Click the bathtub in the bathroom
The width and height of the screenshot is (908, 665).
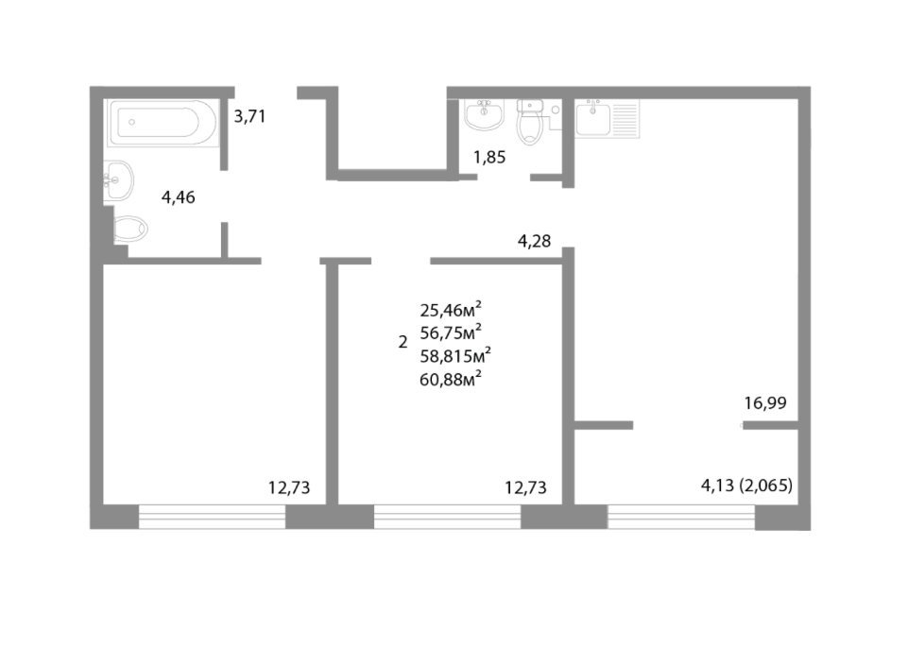coord(163,123)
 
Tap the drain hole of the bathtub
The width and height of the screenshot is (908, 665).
coord(132,122)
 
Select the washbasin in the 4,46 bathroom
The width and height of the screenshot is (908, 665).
coord(119,180)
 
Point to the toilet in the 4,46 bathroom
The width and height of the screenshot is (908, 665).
coord(130,230)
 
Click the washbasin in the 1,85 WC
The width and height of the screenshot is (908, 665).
coord(485,114)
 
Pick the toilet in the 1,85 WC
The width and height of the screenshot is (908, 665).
coord(529,122)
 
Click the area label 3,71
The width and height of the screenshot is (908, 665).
coord(249,116)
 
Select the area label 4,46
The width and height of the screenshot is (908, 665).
coord(179,197)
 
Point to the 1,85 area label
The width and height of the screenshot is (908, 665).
coord(489,157)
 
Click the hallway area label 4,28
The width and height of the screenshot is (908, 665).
coord(534,241)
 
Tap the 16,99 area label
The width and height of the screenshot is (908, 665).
coord(765,402)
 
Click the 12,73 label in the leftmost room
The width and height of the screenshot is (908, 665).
coord(289,488)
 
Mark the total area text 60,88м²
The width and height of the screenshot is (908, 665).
coord(451,380)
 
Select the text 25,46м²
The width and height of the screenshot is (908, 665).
coord(451,310)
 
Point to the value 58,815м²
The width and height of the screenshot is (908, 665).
coord(455,355)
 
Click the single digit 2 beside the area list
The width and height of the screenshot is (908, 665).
coord(403,342)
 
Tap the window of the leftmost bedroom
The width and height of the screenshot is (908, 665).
coord(212,517)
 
